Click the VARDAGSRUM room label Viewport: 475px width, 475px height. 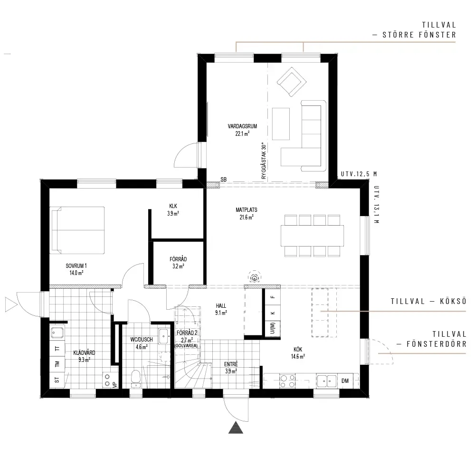[242, 126]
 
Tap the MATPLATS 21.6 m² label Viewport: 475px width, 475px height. [246, 213]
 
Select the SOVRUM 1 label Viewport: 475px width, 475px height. [76, 266]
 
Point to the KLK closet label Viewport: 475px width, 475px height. [173, 206]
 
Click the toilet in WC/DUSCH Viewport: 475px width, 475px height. [136, 379]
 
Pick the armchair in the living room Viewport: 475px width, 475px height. [292, 82]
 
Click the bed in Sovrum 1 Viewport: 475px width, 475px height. [77, 230]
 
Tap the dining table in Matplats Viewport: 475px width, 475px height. [312, 236]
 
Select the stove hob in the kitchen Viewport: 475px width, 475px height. [287, 381]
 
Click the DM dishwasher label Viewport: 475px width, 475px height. [345, 381]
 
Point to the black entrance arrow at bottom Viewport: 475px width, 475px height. [236, 427]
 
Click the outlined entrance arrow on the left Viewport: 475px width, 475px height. [11, 304]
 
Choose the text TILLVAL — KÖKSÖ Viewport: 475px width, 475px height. [428, 301]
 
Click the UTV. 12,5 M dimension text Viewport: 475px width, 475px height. [359, 174]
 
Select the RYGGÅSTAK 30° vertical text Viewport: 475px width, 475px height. [264, 161]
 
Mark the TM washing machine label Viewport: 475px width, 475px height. [57, 364]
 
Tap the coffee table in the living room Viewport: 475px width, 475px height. [281, 124]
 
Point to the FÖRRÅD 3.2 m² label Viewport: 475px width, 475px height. [178, 263]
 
